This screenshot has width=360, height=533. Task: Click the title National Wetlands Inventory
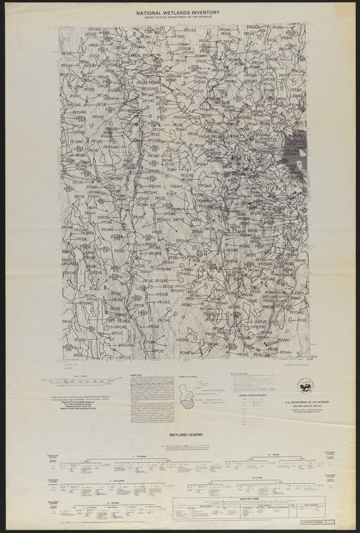tap(181, 12)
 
